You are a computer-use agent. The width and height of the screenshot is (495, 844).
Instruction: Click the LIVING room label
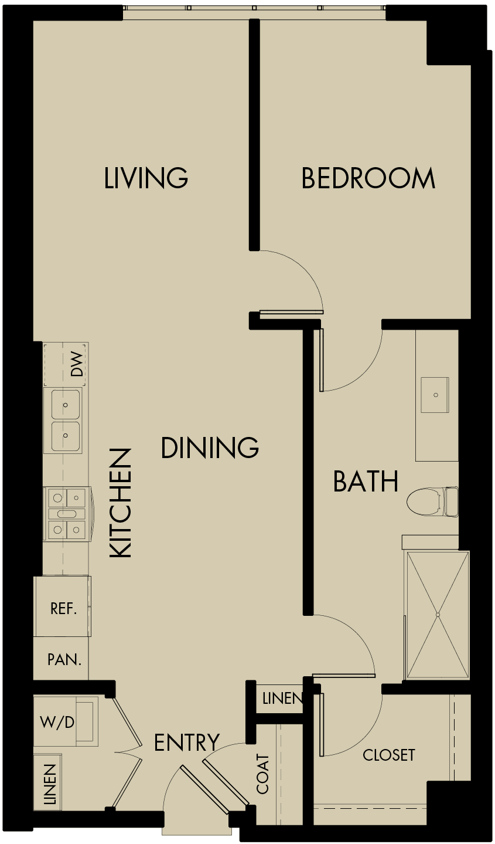click(x=146, y=178)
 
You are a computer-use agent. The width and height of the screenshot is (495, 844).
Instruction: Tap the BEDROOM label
click(x=368, y=178)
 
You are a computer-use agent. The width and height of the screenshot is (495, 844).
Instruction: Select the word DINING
click(x=210, y=448)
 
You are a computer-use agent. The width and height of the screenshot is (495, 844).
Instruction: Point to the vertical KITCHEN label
click(x=121, y=503)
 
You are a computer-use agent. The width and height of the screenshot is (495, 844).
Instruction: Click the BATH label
click(x=366, y=482)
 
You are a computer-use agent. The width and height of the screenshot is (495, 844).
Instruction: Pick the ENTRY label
click(x=186, y=743)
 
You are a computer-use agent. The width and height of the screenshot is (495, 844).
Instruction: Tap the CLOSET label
click(x=388, y=755)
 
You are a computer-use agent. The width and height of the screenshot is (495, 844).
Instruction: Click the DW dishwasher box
click(x=66, y=365)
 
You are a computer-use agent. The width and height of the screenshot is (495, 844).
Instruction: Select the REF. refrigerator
click(x=63, y=608)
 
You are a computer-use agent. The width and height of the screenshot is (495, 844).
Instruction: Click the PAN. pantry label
click(x=64, y=659)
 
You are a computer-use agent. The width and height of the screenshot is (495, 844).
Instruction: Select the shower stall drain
click(x=438, y=615)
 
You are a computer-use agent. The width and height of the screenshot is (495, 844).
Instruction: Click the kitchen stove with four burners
click(x=66, y=514)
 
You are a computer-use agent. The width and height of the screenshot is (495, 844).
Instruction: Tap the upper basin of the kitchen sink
click(x=66, y=405)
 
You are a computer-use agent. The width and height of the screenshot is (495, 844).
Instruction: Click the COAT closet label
click(x=263, y=774)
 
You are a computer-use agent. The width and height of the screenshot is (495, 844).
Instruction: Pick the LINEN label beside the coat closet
click(x=282, y=699)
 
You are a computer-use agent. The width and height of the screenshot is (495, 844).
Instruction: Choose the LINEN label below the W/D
click(x=50, y=784)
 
